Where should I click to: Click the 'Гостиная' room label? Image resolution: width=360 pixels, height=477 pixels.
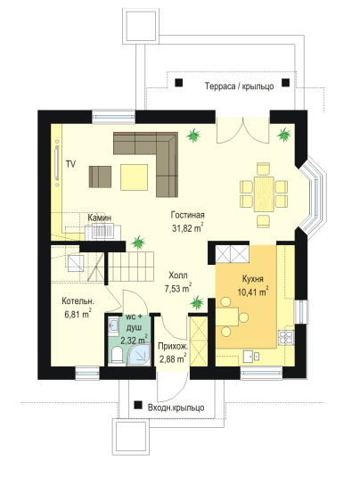coord(187,215)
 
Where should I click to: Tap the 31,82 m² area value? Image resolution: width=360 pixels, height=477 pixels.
coord(187,228)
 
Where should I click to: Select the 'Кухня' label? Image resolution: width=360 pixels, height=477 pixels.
coord(253,279)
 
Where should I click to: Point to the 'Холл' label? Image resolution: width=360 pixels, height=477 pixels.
coord(178,276)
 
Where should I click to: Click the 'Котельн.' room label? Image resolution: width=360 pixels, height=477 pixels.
coord(78,301)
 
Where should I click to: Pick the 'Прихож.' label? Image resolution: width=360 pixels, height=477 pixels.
coord(173,346)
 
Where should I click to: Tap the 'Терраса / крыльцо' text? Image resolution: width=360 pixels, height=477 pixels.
coord(240,86)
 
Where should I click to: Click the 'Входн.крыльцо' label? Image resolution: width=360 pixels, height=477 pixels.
coord(176,407)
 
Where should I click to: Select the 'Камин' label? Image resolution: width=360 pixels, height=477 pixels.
coord(99,218)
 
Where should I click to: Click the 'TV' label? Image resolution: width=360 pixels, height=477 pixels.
coord(71,164)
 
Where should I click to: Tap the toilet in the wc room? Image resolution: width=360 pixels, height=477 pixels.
coord(117,356)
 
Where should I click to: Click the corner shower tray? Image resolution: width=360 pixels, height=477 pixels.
coord(139,354)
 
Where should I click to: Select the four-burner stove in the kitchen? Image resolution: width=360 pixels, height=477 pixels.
coord(286,338)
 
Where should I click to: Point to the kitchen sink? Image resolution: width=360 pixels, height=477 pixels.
coord(251,356)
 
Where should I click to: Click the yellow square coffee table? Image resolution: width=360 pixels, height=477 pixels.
coord(134,177)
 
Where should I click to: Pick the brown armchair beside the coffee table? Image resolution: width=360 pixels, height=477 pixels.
coord(100,177)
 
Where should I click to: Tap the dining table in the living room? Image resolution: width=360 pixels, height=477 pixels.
coord(264,194)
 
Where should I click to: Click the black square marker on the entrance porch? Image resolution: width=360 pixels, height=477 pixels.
coord(139,405)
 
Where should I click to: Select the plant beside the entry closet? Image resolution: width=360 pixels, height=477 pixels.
coord(197,302)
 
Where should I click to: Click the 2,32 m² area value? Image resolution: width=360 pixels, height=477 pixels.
coord(134,340)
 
